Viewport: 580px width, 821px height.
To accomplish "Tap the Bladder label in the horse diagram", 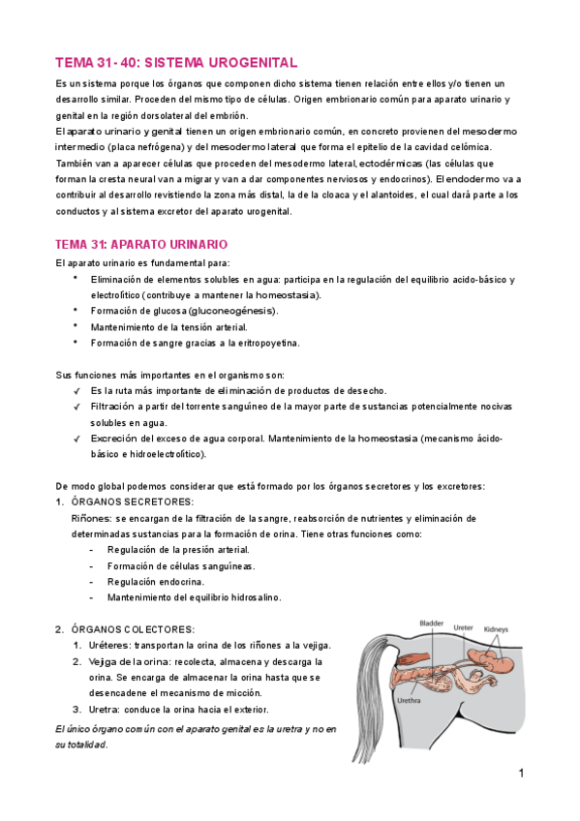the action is point(431,623).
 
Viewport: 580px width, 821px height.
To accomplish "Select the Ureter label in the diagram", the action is point(464,627).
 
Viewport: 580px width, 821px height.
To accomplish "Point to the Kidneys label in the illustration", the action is point(497,628).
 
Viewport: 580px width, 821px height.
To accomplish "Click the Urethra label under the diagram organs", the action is point(408,701).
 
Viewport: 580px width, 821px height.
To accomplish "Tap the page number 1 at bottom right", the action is point(521,774).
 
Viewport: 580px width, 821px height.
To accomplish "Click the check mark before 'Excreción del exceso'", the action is point(76,439).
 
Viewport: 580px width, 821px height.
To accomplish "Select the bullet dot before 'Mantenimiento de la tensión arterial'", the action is point(76,326).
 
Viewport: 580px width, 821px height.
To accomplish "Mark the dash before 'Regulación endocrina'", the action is point(91,582).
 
